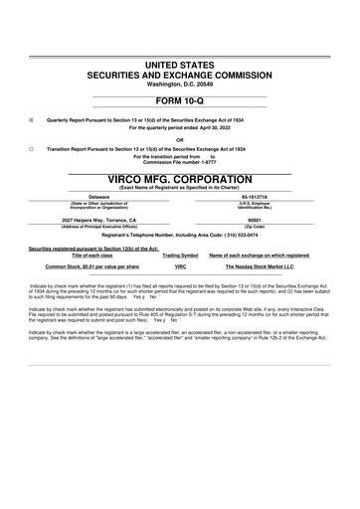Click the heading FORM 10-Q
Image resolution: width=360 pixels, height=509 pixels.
pyautogui.click(x=180, y=103)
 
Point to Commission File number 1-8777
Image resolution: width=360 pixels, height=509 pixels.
pyautogui.click(x=180, y=162)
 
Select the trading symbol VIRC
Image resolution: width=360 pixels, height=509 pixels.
pyautogui.click(x=181, y=267)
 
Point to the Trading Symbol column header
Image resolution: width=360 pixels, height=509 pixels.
pyautogui.click(x=181, y=254)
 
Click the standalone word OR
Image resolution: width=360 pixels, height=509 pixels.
pyautogui.click(x=180, y=138)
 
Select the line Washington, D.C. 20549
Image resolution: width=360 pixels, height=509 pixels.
pyautogui.click(x=180, y=84)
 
